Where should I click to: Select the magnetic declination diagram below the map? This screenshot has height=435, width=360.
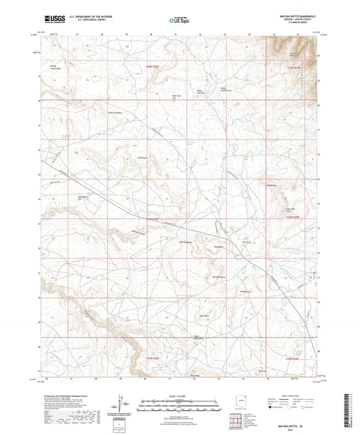[x=124, y=405]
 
